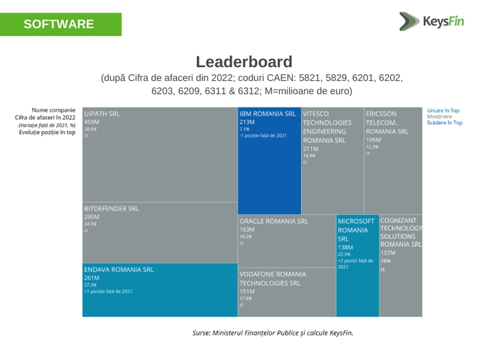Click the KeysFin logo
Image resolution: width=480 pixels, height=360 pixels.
click(432, 22)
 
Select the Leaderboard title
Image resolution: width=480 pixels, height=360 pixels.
click(244, 62)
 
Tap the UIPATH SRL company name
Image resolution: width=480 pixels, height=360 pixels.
click(102, 114)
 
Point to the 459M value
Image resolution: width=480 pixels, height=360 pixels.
click(92, 122)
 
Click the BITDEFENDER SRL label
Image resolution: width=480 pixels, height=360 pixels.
click(111, 209)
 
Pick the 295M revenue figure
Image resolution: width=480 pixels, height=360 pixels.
click(92, 217)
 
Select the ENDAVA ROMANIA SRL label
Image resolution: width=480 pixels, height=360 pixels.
click(119, 269)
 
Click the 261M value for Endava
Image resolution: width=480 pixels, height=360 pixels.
click(92, 278)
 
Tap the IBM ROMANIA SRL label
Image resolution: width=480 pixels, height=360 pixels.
click(267, 114)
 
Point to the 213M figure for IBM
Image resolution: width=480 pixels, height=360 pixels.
click(246, 122)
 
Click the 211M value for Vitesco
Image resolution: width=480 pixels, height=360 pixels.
click(310, 148)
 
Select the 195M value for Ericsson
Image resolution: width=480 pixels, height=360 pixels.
click(373, 139)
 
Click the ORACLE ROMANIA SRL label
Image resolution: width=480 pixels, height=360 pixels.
click(274, 221)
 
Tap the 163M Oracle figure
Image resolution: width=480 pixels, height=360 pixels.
click(247, 229)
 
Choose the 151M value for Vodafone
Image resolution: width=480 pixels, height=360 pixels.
click(247, 292)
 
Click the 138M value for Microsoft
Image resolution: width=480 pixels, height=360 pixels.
click(346, 247)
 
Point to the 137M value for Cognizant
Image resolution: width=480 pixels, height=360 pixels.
click(388, 253)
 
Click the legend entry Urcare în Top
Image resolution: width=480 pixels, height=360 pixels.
click(443, 110)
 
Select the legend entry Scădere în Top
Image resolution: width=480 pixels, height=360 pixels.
click(445, 123)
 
